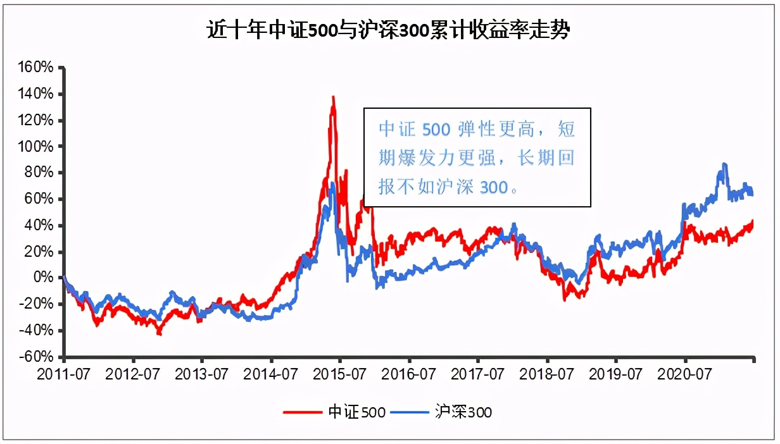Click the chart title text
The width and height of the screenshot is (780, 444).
click(389, 30)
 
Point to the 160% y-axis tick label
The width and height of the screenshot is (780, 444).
click(39, 68)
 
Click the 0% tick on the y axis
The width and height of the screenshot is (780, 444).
click(46, 278)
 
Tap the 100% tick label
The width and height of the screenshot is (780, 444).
click(39, 147)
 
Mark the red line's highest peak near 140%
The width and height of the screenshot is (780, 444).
click(333, 97)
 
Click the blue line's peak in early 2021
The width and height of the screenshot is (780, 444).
click(724, 164)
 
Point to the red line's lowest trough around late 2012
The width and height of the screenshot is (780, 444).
click(160, 333)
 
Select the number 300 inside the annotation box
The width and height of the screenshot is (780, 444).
click(491, 188)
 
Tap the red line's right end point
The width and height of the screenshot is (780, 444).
click(753, 221)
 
